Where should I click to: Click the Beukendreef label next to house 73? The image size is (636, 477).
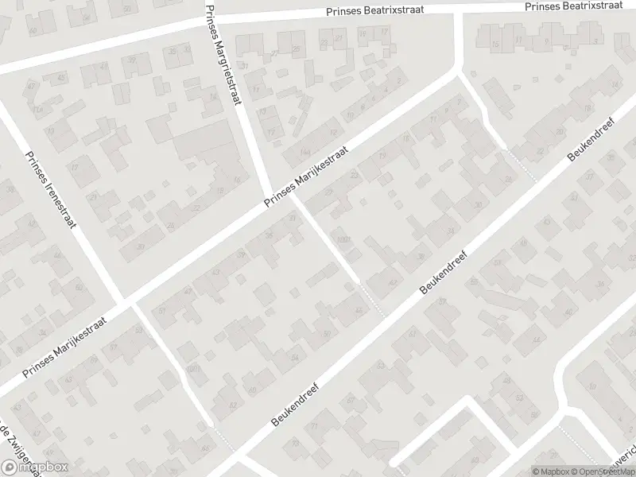(x=297, y=405)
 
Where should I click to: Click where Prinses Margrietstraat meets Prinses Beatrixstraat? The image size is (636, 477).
(x=213, y=18)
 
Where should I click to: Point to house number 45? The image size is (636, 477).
(x=61, y=77)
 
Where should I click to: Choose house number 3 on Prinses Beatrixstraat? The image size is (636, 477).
(x=594, y=41)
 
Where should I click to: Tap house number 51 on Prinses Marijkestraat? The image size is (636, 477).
(x=162, y=311)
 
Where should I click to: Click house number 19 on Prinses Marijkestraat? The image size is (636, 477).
(x=383, y=156)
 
